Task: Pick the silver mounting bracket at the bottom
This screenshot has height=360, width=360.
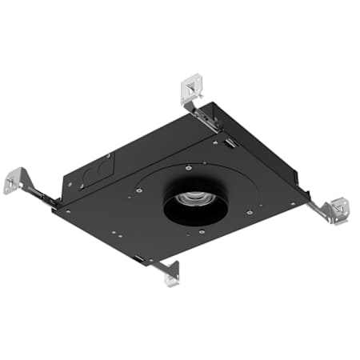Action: (170, 273)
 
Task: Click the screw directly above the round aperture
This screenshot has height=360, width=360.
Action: (186, 168)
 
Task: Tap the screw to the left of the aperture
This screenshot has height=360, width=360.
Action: (138, 190)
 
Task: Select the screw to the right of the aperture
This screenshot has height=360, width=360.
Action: (250, 212)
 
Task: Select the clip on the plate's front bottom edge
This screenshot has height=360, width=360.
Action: (140, 259)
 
